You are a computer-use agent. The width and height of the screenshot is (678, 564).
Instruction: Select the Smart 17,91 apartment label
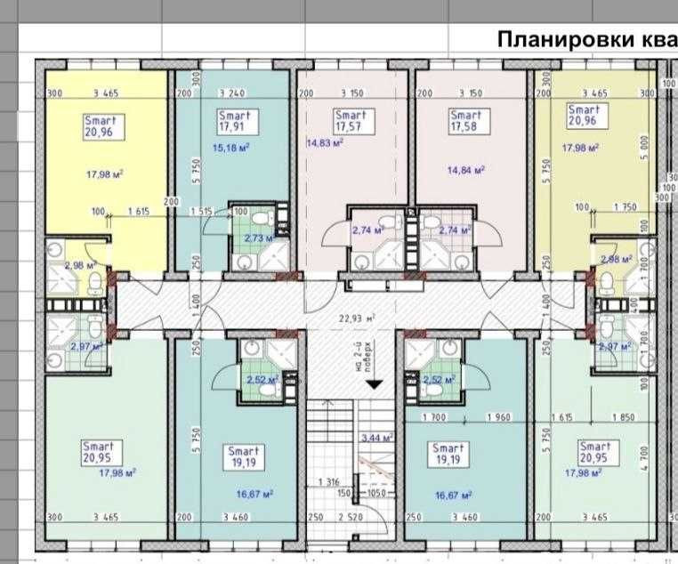(x=235, y=121)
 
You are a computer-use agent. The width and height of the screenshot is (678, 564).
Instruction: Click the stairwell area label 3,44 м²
(x=377, y=438)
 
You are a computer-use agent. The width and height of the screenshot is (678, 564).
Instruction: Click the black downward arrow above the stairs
(x=375, y=383)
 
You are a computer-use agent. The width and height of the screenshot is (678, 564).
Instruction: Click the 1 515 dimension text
(x=202, y=211)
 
